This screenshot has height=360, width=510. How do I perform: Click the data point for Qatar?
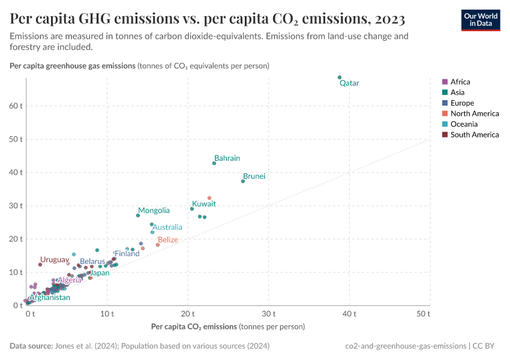(x=340, y=77)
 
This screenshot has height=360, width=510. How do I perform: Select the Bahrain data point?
(x=214, y=163)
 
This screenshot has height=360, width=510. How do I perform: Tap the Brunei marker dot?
(x=243, y=181)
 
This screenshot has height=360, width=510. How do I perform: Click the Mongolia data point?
(x=138, y=215)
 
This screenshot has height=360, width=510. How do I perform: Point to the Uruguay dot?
(x=40, y=265)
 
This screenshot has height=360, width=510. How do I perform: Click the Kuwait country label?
(x=203, y=204)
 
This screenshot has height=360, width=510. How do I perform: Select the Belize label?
(x=167, y=240)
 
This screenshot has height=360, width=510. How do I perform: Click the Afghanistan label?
(x=50, y=298)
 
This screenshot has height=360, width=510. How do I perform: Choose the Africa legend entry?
(x=460, y=82)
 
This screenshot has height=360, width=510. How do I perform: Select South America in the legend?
(x=474, y=135)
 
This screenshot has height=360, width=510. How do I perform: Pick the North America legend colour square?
(x=445, y=114)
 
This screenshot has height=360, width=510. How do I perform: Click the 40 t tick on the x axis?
(x=350, y=314)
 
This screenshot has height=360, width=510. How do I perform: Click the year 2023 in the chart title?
(x=384, y=19)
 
